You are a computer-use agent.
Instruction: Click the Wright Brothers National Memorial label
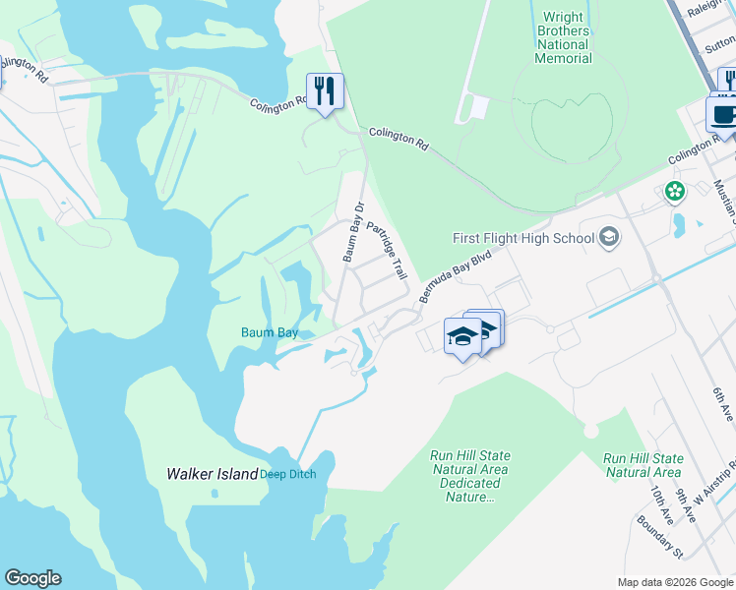click(x=564, y=37)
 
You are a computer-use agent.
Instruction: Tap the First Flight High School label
click(x=523, y=238)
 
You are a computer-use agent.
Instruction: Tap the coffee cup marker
click(x=723, y=114)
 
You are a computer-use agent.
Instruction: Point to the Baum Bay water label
click(x=270, y=332)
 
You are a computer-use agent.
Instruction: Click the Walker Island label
click(x=212, y=474)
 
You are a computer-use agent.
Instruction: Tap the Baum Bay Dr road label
click(x=353, y=232)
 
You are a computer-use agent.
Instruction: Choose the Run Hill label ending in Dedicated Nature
click(x=470, y=477)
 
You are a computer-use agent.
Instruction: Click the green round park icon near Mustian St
click(x=675, y=191)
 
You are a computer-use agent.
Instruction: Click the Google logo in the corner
click(x=32, y=578)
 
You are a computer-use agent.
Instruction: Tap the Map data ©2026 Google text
click(x=675, y=582)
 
